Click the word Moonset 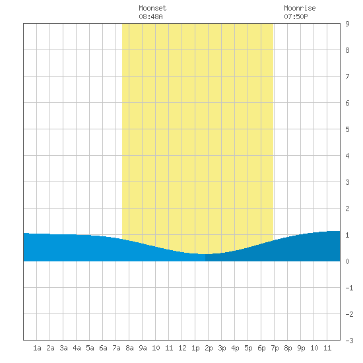(x=152, y=8)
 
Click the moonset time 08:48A (x=151, y=16)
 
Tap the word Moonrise (x=300, y=8)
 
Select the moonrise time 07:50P (x=296, y=16)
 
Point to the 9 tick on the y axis (x=347, y=24)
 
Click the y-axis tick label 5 (x=347, y=129)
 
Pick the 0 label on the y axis (x=347, y=261)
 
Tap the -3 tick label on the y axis (x=349, y=341)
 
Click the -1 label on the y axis (x=349, y=288)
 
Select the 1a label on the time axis (x=37, y=348)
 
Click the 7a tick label (x=116, y=348)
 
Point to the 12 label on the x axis (x=182, y=348)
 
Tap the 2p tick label (x=209, y=348)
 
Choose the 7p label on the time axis (x=275, y=348)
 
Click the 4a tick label (x=77, y=348)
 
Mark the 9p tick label (x=301, y=348)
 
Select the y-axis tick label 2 (x=347, y=209)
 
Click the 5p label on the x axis (x=248, y=348)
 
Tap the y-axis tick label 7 (x=347, y=77)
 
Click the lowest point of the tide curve (x=205, y=254)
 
